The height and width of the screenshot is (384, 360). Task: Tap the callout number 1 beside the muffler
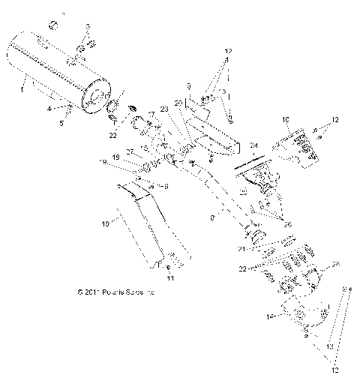click(x=23, y=89)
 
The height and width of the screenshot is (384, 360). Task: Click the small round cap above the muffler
click(x=54, y=25)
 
